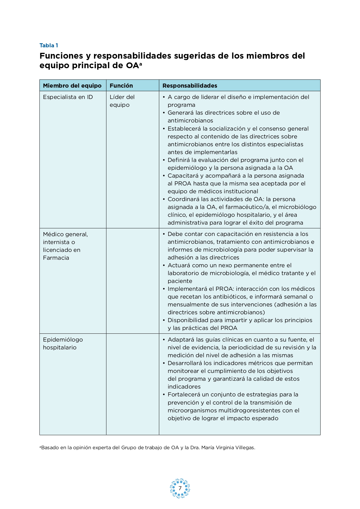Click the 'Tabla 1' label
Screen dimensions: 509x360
tap(49, 45)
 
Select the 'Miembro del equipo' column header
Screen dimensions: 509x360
tap(72, 86)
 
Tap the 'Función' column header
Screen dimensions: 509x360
tap(121, 86)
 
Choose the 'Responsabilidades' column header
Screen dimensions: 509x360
tap(190, 86)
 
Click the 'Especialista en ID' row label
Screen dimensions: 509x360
tap(68, 97)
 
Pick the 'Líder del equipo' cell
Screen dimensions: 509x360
tap(122, 101)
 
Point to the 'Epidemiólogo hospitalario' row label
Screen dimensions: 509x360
tap(63, 343)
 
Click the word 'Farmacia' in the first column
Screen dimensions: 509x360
tap(56, 258)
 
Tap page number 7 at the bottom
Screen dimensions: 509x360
tap(180, 488)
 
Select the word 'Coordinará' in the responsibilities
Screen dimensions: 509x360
tap(182, 199)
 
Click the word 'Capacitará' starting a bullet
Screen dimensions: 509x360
tap(182, 176)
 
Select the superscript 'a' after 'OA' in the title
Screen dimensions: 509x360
tap(141, 64)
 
